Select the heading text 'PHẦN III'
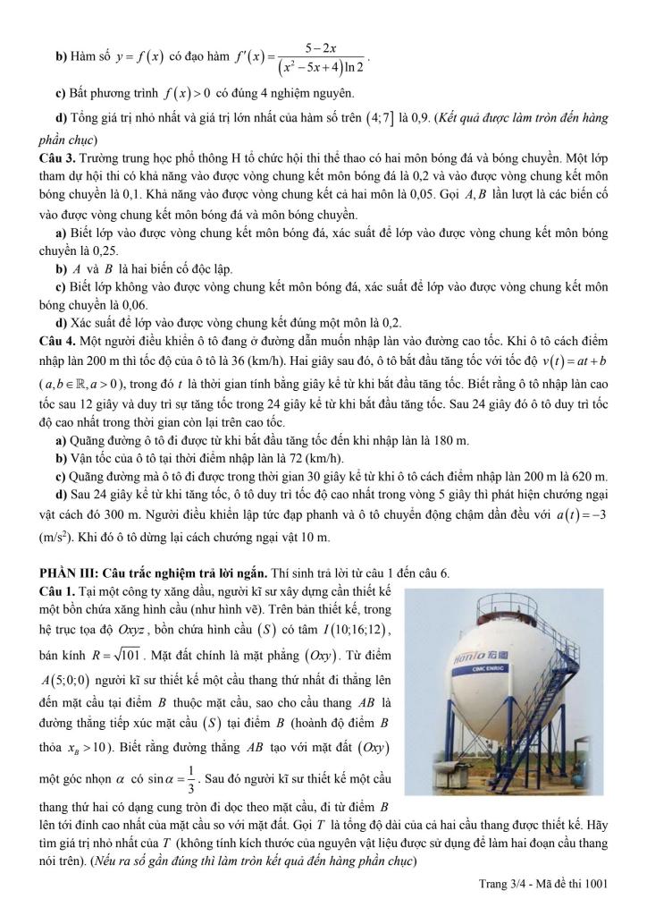click(66, 572)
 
